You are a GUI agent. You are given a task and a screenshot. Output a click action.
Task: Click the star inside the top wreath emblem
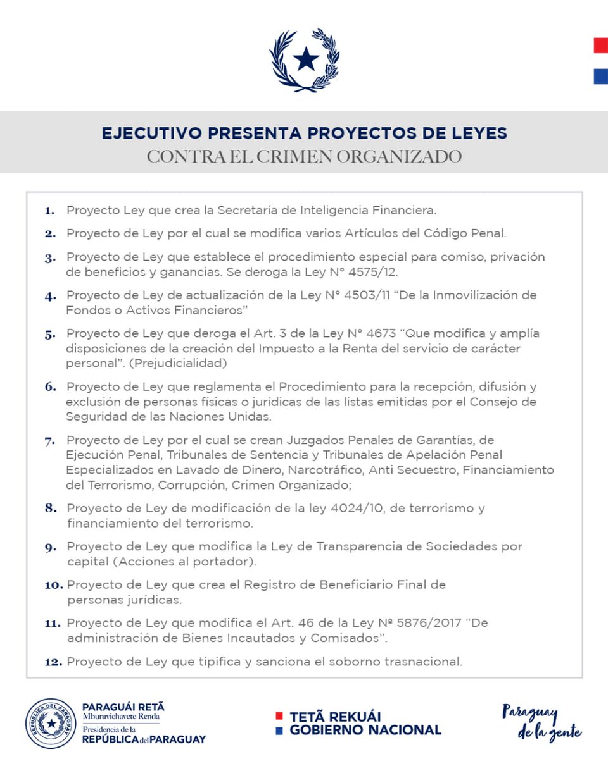pyautogui.click(x=306, y=59)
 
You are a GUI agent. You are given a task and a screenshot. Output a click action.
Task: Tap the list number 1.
pyautogui.click(x=49, y=210)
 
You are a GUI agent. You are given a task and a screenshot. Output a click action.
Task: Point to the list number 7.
pyautogui.click(x=49, y=440)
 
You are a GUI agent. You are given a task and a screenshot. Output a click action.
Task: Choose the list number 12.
pyautogui.click(x=53, y=662)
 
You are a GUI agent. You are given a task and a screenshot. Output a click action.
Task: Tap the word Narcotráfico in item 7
pyautogui.click(x=326, y=470)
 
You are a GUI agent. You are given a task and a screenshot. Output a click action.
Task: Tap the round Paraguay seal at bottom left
pyautogui.click(x=51, y=723)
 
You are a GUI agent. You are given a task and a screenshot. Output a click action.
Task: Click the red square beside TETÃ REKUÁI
pyautogui.click(x=279, y=716)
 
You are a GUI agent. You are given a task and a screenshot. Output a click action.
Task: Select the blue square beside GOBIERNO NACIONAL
pyautogui.click(x=279, y=730)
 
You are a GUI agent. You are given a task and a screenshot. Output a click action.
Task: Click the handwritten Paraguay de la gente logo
pyautogui.click(x=541, y=722)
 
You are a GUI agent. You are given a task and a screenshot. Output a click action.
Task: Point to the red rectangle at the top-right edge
pyautogui.click(x=600, y=46)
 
